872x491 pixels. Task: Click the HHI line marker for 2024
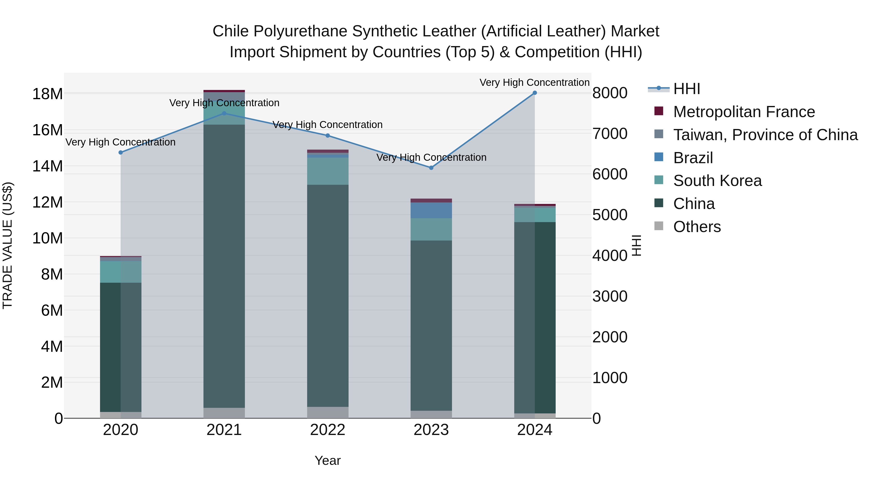point(535,93)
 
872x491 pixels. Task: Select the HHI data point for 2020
point(121,153)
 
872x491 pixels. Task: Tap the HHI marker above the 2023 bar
point(431,168)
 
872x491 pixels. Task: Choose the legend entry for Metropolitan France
point(744,112)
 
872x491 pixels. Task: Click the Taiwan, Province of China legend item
point(765,135)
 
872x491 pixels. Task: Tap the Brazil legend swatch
point(659,157)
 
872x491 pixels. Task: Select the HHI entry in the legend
point(686,89)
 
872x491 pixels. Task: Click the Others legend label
point(697,227)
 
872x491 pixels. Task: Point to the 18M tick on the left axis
point(47,94)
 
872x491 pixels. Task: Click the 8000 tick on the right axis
point(610,93)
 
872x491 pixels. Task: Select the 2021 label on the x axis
point(224,430)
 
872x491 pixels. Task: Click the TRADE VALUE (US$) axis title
point(8,245)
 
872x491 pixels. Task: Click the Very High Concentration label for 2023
point(431,158)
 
